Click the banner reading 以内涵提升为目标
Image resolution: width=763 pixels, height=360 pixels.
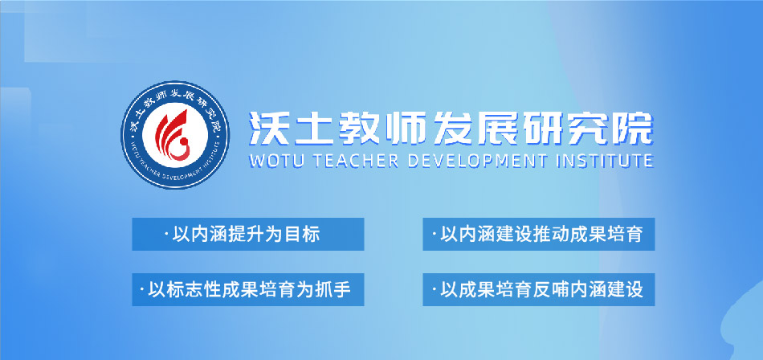pos(247,235)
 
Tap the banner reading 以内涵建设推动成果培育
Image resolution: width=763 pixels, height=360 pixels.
pos(538,235)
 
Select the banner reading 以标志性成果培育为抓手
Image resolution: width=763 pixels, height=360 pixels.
pos(247,289)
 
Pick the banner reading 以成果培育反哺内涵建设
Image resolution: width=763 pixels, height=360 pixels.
pos(538,289)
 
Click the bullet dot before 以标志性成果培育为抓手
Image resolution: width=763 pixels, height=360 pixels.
pos(142,290)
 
